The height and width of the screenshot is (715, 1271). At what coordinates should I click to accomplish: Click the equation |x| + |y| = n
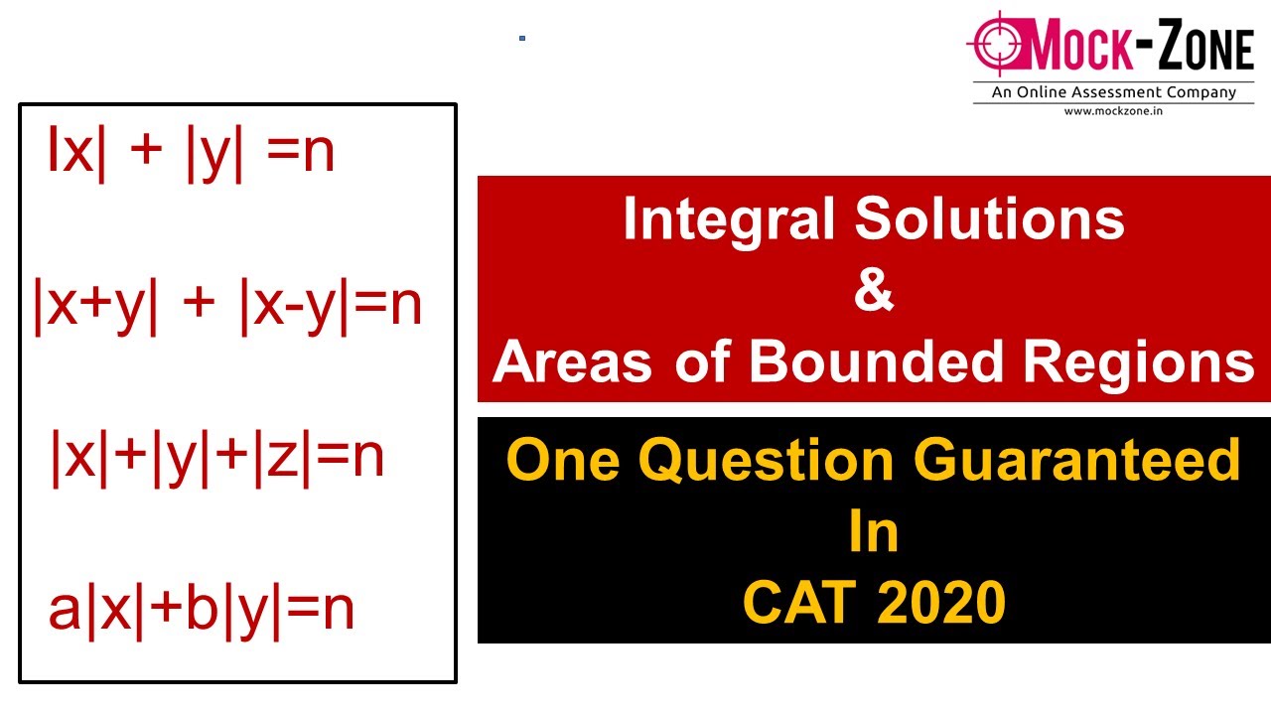pos(191,154)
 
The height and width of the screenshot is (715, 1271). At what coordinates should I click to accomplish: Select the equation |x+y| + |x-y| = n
pos(228,306)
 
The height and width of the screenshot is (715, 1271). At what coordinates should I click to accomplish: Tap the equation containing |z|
pos(217,458)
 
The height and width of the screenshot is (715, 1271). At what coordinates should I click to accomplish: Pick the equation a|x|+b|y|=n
pos(202,609)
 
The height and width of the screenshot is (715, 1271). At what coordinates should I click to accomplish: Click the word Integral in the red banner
pos(731,219)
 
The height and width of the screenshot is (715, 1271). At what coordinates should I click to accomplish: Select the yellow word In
pos(873,532)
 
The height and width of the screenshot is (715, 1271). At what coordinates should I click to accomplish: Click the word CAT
pos(801,602)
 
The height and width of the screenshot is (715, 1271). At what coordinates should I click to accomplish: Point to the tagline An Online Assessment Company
pos(1113,92)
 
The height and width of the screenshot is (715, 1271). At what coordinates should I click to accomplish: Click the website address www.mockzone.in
pos(1113,110)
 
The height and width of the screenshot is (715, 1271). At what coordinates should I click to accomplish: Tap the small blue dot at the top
pos(522,39)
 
